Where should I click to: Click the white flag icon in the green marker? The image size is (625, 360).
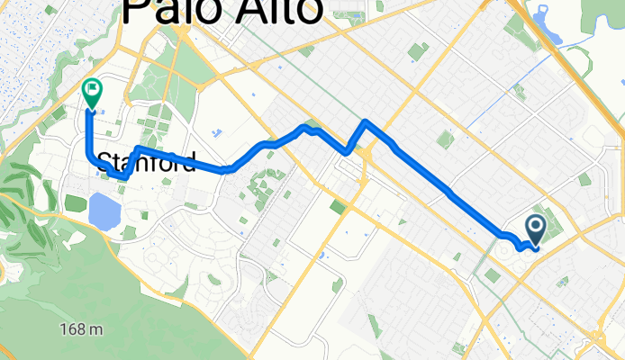(x=91, y=88)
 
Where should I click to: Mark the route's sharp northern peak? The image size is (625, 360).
(x=365, y=121)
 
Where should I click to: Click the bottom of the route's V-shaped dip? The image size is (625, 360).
(x=347, y=152)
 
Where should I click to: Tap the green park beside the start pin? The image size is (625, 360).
(x=554, y=225)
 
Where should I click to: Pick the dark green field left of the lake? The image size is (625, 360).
(x=75, y=202)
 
